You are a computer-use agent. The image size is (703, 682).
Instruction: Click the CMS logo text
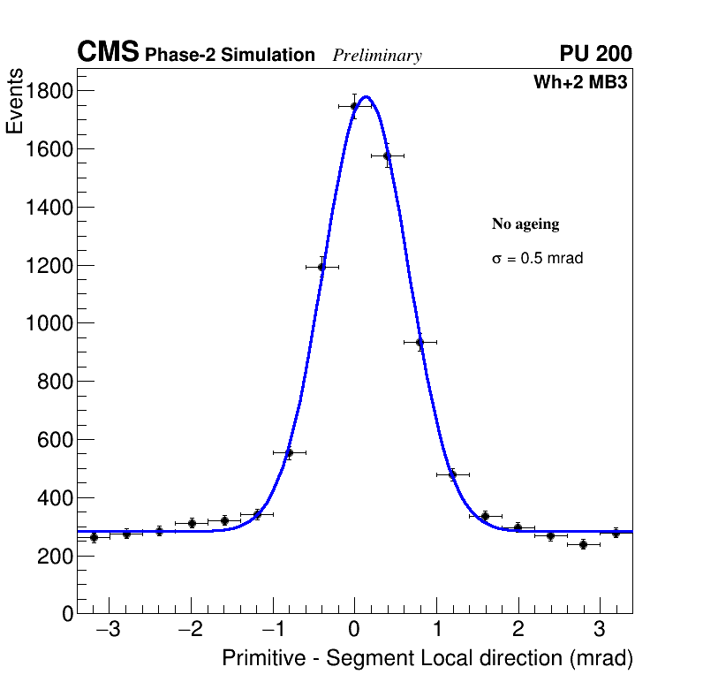pos(108,53)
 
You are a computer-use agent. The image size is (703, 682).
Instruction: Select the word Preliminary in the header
pos(377,56)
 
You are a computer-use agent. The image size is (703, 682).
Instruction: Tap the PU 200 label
pos(595,54)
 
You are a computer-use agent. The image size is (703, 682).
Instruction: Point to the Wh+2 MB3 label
pos(580,83)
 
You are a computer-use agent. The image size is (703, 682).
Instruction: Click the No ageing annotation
pos(525,224)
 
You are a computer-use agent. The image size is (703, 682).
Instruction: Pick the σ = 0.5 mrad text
pos(537,259)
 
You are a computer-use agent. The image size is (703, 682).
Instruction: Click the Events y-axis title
pos(15,102)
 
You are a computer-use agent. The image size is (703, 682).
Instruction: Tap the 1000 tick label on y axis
pos(45,323)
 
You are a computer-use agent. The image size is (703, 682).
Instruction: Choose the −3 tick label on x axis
pos(108,630)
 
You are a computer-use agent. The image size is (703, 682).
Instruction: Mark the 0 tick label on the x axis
pos(354,630)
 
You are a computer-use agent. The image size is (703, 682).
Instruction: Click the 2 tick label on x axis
pos(518,630)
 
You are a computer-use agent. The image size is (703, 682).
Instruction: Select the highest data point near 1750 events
pos(354,106)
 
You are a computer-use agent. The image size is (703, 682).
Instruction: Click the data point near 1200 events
pos(321,267)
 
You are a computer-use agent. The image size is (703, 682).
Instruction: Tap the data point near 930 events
pos(420,342)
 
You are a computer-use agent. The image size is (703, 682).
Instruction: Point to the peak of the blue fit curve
pos(366,97)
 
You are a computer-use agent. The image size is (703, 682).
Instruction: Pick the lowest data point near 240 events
pos(583,544)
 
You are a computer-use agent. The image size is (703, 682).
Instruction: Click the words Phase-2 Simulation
pos(230,56)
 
